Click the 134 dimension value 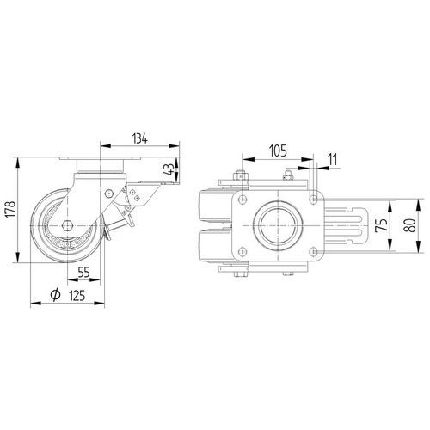coord(140,138)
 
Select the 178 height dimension coord(11,209)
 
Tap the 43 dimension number coord(169,169)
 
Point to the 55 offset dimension coord(83,272)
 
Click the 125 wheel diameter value coord(77,296)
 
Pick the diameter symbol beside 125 coord(55,295)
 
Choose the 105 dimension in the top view coord(279,151)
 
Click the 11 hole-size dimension coord(333,160)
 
